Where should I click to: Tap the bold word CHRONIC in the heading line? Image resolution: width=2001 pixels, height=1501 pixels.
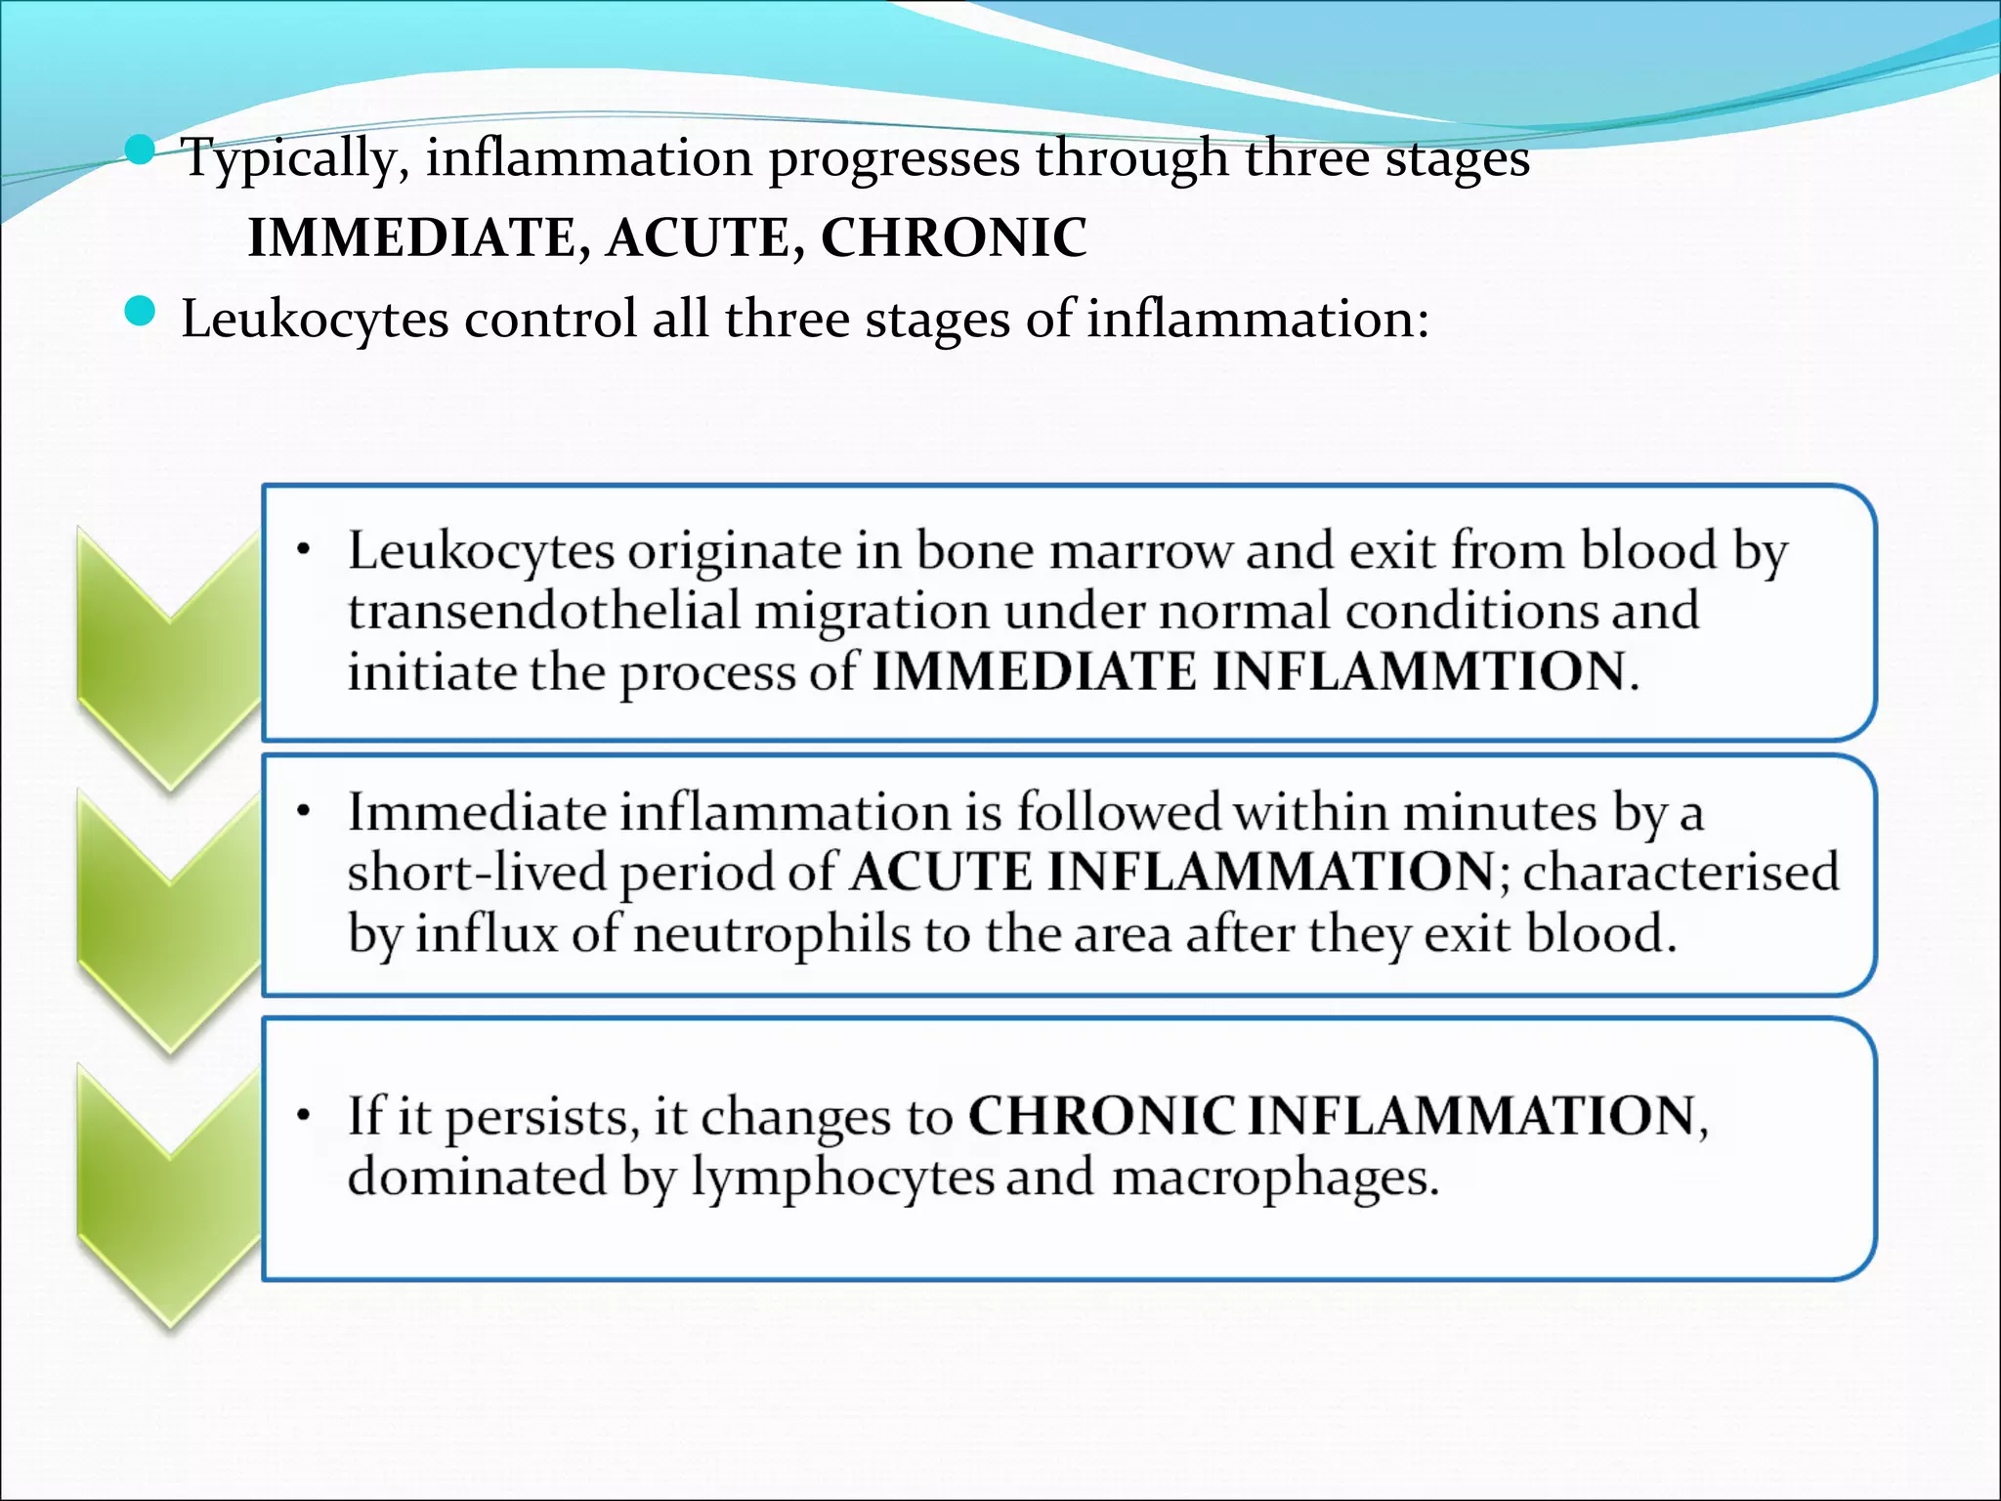click(953, 237)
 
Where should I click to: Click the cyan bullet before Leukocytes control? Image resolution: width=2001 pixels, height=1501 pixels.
click(141, 313)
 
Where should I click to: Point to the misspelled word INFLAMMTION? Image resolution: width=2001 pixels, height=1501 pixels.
click(1419, 672)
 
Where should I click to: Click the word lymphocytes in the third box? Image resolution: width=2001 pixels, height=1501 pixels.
click(843, 1177)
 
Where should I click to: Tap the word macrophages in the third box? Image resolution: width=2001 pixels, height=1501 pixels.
click(1274, 1179)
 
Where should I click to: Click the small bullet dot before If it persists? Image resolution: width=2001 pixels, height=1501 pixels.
click(305, 1115)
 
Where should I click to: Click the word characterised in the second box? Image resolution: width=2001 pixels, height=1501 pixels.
click(1681, 873)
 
